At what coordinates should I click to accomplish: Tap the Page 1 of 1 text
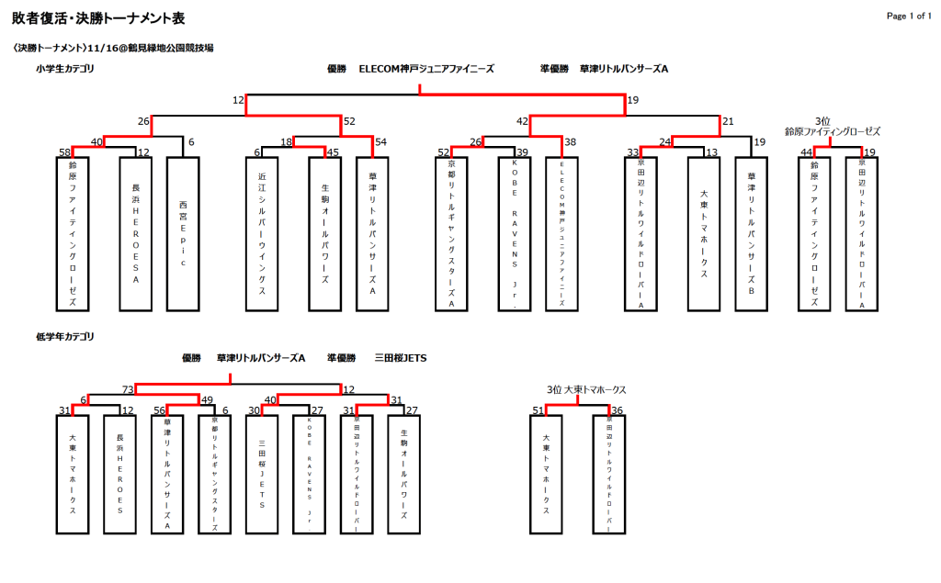click(909, 16)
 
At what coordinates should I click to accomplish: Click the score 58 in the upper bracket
click(64, 152)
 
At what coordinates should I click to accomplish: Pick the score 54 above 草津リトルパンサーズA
click(381, 141)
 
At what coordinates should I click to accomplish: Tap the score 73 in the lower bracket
click(128, 389)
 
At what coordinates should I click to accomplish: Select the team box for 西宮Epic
click(183, 234)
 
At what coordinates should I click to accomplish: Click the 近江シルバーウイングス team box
click(263, 234)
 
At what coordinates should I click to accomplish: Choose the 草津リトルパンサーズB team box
click(751, 234)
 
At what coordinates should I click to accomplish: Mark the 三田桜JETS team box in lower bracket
click(263, 475)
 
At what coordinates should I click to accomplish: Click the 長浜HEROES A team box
click(135, 234)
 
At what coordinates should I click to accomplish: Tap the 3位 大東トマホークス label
click(586, 389)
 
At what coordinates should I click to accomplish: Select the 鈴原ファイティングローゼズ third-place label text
click(832, 131)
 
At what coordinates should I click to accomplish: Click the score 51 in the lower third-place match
click(539, 410)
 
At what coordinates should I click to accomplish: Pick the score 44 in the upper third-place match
click(806, 152)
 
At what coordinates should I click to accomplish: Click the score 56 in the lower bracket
click(159, 410)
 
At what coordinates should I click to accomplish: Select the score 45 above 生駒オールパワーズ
click(333, 152)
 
